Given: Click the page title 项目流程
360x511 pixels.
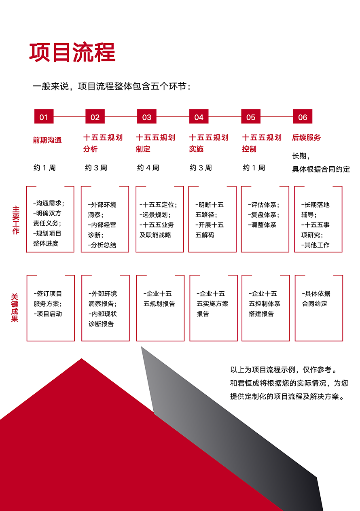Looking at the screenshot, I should tap(72, 53).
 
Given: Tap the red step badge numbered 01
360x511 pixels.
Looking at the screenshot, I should tap(44, 117).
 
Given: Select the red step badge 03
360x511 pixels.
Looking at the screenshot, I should tap(147, 117).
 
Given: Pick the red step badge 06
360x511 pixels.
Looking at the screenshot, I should tap(303, 117).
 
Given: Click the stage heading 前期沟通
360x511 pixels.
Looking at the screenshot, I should tap(47, 140).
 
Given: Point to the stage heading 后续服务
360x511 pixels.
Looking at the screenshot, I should tap(306, 138).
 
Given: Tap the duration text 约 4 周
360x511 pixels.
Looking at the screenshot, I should tap(148, 168).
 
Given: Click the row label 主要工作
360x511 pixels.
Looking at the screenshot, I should tap(15, 220).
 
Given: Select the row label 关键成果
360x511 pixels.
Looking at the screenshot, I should tap(15, 308).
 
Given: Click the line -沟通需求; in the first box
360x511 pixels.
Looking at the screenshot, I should tap(49, 203).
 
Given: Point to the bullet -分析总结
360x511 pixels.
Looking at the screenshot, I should tap(102, 245).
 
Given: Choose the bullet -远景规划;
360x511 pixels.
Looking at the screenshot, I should tap(155, 215).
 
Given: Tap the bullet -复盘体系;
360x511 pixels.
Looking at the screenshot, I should tap(264, 215).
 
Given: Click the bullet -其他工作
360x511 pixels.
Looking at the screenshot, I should tap(316, 245).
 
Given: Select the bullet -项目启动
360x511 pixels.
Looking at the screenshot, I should tap(48, 314).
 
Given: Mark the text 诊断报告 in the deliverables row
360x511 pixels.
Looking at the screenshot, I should tap(101, 324).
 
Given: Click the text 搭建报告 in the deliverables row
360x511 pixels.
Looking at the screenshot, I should tap(261, 314).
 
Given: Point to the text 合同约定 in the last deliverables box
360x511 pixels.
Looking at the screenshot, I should tap(315, 303).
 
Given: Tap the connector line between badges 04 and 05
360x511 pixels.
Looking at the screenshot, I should tap(225, 117).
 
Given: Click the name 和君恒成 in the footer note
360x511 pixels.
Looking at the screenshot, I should tap(245, 383).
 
